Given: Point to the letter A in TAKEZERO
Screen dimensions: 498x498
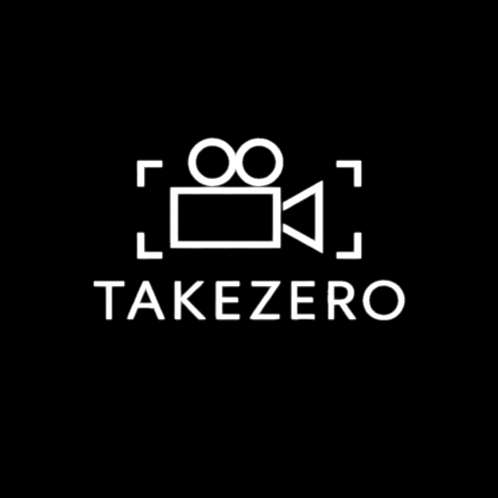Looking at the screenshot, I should [x=143, y=300].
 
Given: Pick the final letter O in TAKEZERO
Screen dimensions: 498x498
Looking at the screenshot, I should [x=385, y=300].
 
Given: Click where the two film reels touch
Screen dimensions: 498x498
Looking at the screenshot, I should [x=236, y=162].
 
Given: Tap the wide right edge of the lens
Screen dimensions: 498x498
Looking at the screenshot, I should [x=320, y=217].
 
